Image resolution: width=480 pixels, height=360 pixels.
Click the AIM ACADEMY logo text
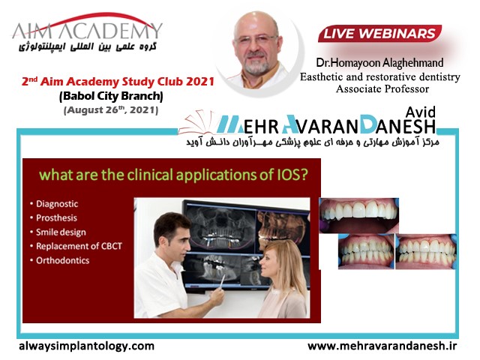(x=87, y=31)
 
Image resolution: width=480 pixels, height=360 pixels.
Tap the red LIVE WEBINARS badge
(x=379, y=34)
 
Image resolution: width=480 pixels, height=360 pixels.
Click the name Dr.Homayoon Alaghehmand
(x=379, y=63)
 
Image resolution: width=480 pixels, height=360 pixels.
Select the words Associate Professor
(x=382, y=89)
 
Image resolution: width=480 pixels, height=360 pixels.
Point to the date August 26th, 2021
(x=111, y=110)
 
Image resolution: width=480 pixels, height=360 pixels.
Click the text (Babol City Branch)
(x=111, y=97)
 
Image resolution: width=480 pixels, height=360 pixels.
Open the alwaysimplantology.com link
(x=87, y=346)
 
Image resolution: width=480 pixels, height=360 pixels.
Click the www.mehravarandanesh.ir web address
(x=382, y=346)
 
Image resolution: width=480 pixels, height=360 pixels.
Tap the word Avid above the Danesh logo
(x=420, y=112)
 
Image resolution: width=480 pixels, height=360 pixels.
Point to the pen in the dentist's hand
(x=222, y=281)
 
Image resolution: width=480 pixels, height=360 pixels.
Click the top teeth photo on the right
(x=358, y=215)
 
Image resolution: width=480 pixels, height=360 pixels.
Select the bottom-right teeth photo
(x=426, y=252)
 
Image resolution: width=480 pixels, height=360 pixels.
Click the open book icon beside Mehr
(x=197, y=122)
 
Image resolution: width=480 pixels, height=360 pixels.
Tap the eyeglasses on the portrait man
(x=256, y=39)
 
